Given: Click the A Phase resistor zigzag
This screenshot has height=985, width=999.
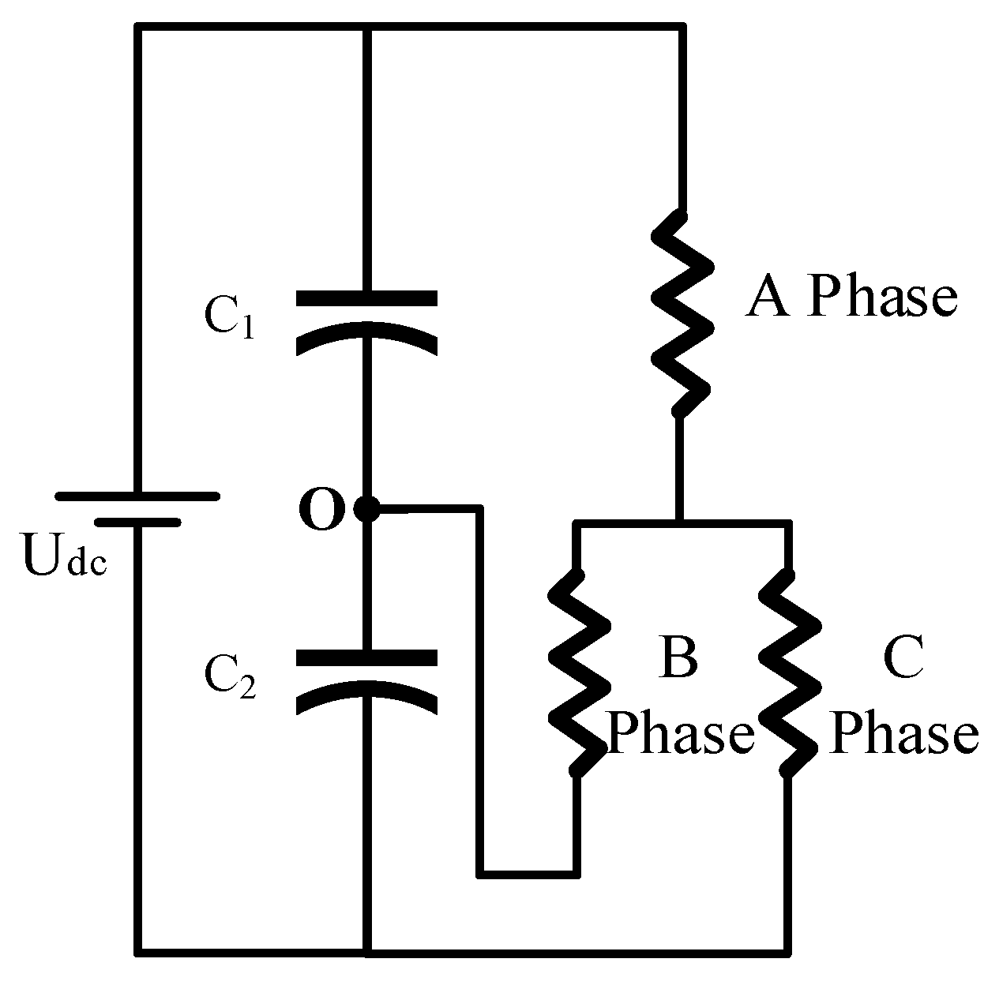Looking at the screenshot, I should tap(680, 313).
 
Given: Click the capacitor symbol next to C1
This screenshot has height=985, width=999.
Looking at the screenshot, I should tap(366, 320).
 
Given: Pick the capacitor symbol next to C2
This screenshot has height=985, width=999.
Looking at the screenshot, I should tap(366, 679).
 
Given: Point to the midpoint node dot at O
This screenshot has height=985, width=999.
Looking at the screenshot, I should tap(366, 509).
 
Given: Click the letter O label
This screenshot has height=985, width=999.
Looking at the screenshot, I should tap(321, 511).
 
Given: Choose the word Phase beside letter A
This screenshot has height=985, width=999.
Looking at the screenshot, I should tap(881, 298).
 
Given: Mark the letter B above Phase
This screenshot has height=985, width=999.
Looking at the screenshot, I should tap(678, 659).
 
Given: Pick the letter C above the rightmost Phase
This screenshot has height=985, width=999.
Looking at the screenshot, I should tap(903, 659).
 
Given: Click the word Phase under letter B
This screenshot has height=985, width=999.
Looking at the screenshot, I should tap(680, 734).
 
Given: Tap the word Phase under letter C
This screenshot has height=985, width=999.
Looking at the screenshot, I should tap(904, 734).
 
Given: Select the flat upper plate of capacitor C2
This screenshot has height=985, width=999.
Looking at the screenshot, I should tap(366, 657).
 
